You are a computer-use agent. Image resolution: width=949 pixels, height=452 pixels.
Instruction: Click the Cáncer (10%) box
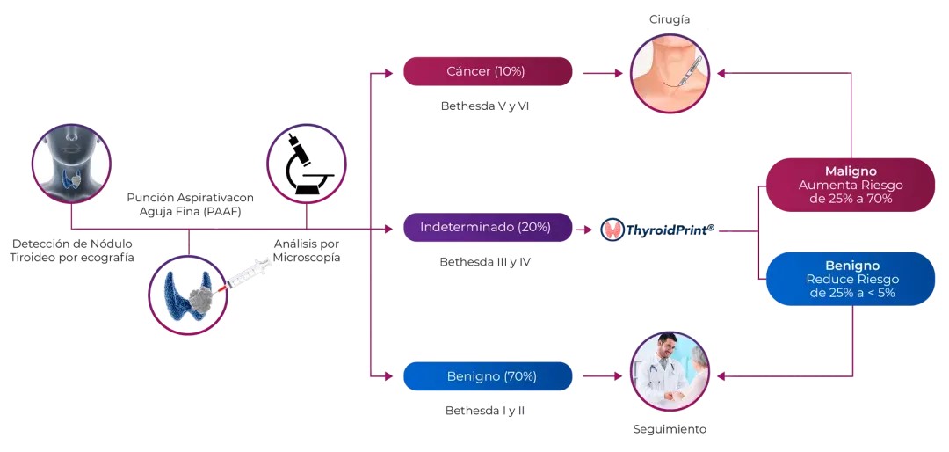point(488,71)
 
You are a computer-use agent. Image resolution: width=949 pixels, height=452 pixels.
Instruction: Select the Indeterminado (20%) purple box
point(488,227)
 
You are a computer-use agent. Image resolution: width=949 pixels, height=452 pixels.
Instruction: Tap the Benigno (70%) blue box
point(488,376)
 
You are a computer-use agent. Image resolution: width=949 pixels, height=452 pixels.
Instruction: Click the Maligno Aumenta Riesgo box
point(850,185)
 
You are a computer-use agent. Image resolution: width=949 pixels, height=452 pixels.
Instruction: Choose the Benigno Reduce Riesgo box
point(850,279)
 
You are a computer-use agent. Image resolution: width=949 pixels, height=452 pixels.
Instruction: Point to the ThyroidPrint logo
point(658,230)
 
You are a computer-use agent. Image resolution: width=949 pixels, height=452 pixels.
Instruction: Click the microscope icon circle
point(306,164)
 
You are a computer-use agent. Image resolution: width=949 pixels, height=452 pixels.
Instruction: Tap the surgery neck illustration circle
point(670,73)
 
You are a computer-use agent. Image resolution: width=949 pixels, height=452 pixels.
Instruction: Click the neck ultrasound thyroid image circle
point(71,163)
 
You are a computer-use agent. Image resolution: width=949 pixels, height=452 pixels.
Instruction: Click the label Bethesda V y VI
point(484,106)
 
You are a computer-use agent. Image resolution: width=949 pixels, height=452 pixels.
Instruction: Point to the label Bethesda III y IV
point(484,262)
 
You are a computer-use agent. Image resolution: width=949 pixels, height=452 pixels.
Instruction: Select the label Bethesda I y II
point(484,411)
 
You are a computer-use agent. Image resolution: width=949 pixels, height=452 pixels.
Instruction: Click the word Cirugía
point(670,19)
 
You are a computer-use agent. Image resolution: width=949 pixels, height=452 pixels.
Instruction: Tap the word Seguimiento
point(670,430)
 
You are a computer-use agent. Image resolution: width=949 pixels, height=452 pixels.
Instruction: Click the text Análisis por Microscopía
point(306,251)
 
